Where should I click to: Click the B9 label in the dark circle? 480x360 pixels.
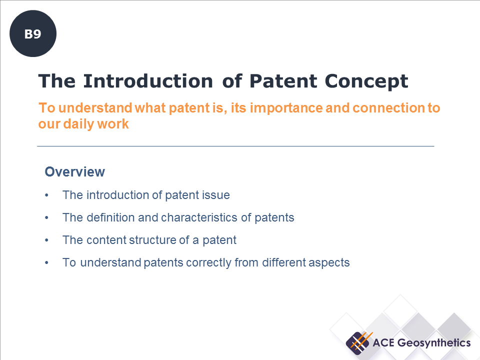[33, 34]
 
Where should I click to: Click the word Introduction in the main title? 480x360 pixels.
[148, 81]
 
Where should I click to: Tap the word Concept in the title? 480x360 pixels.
[366, 81]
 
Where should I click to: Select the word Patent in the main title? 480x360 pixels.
[283, 81]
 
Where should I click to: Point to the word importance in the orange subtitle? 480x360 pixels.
[286, 108]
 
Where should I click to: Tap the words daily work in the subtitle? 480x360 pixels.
[96, 124]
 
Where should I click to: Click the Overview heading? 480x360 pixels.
[74, 171]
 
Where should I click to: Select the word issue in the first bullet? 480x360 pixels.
[215, 195]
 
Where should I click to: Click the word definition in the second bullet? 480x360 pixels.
[111, 217]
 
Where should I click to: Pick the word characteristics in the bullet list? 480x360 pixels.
[199, 217]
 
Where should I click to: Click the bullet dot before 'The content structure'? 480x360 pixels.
[46, 240]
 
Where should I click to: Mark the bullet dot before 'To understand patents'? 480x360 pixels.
[46, 262]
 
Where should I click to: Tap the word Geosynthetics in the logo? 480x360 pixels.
[434, 343]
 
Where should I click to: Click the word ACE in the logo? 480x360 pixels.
[383, 343]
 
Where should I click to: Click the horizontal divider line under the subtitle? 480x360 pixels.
[235, 146]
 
